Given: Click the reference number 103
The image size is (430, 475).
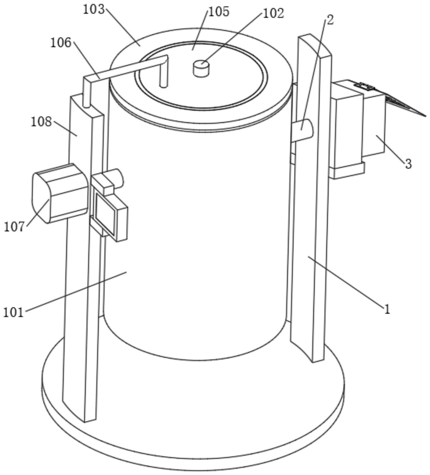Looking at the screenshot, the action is [94, 10].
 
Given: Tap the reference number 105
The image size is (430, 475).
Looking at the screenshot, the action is [219, 12].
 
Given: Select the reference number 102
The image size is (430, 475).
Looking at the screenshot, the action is [273, 14].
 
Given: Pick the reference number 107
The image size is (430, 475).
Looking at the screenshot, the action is [14, 227].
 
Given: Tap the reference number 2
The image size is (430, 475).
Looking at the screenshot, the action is [330, 20].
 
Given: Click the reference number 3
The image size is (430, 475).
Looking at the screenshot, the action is [408, 164].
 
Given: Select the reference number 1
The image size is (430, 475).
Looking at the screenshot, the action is [387, 310].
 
